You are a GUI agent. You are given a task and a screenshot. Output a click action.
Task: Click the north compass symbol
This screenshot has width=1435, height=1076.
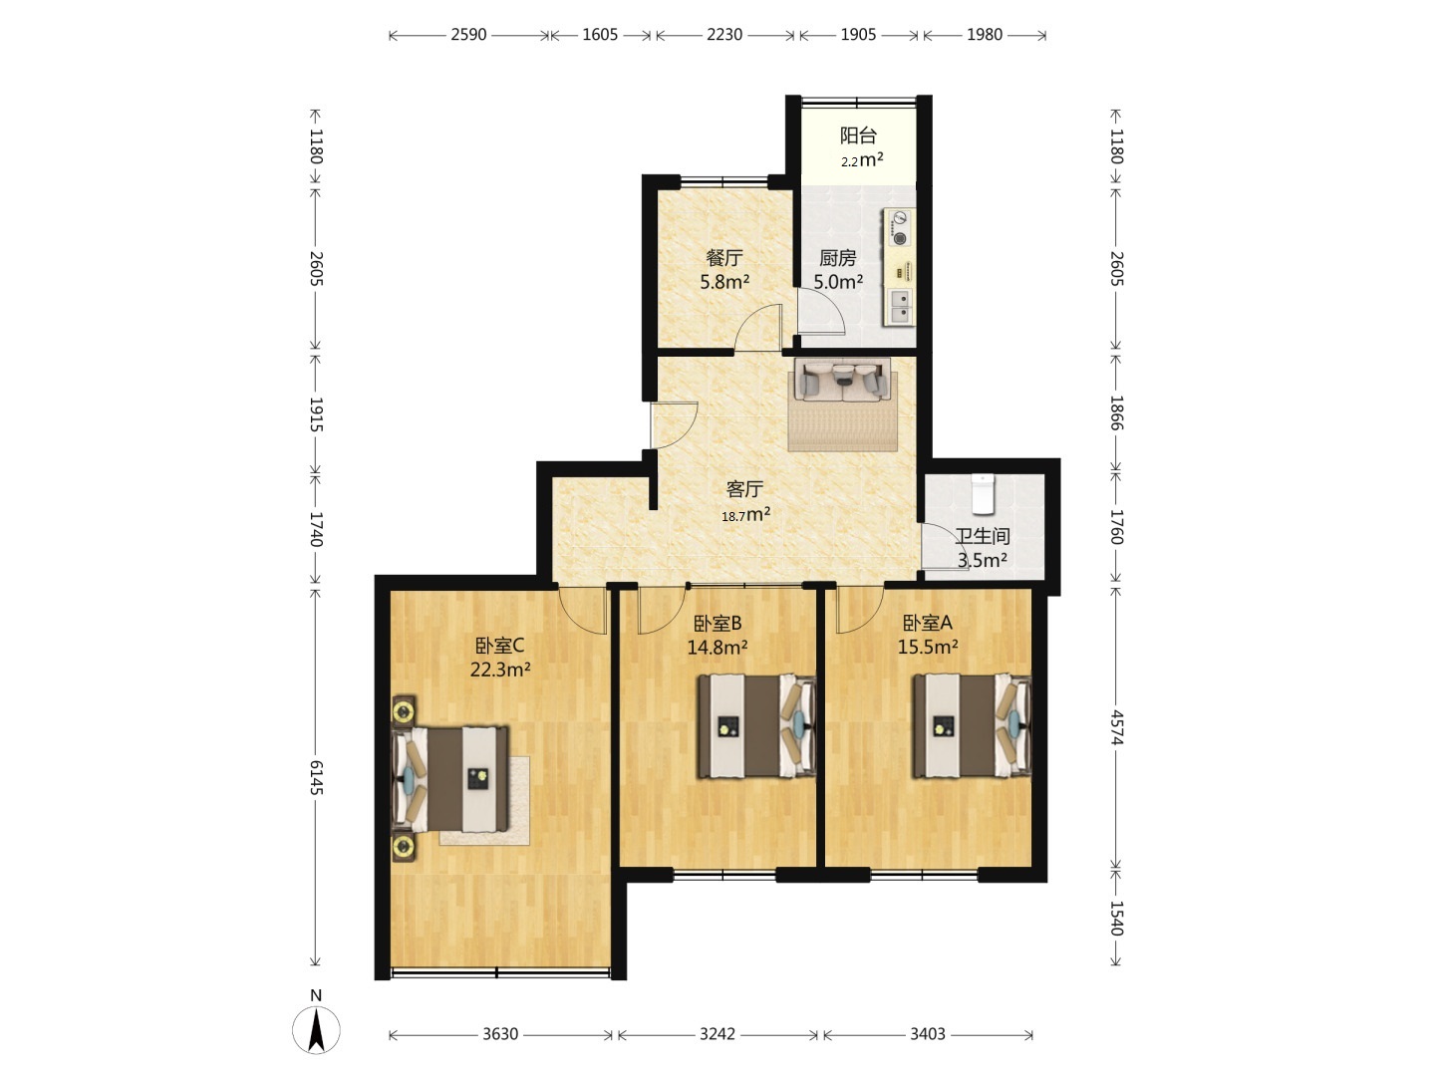click(x=316, y=1029)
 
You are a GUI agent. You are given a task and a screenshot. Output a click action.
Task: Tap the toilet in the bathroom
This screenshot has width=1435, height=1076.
click(x=982, y=493)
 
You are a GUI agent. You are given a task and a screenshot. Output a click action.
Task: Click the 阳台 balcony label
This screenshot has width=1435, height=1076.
click(x=858, y=135)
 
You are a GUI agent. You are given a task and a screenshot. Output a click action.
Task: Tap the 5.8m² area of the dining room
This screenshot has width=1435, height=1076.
click(x=724, y=282)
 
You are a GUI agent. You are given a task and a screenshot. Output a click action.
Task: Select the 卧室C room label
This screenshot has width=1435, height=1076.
click(x=499, y=646)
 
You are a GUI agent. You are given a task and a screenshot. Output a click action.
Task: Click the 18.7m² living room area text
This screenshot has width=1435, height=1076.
click(x=746, y=515)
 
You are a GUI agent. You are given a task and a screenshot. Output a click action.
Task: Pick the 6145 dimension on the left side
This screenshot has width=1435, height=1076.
click(x=316, y=777)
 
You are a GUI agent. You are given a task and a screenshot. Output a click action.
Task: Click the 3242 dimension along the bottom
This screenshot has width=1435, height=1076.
click(x=717, y=1033)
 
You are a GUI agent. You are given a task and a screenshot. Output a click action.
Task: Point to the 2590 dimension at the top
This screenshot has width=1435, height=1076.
click(x=468, y=35)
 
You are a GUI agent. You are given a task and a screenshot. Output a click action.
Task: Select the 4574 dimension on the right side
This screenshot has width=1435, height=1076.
click(x=1116, y=727)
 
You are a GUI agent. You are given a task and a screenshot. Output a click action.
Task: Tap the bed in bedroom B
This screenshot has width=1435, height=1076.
click(x=757, y=726)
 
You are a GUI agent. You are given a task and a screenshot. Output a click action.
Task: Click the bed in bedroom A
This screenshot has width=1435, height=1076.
click(x=973, y=726)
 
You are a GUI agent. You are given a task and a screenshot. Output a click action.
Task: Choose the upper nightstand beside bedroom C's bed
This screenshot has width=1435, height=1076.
click(x=404, y=710)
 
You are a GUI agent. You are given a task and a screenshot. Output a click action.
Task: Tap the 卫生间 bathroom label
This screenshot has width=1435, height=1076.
click(x=982, y=536)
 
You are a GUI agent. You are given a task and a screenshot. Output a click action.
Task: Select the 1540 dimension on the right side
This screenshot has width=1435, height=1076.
click(x=1116, y=918)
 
